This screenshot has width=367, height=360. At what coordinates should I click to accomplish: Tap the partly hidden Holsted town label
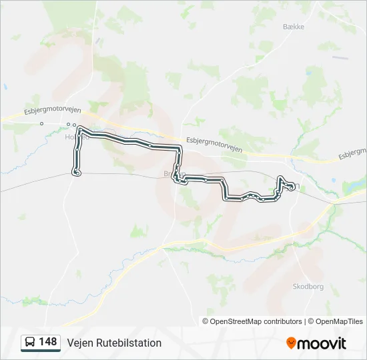click(72, 137)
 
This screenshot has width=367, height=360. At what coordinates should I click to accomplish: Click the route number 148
click(48, 342)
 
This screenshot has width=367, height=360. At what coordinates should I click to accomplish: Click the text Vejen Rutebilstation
click(114, 343)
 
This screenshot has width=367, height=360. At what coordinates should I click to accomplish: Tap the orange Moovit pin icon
click(291, 343)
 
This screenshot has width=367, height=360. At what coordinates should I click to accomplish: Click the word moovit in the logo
click(322, 343)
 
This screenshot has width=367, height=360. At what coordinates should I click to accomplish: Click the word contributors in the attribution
click(283, 321)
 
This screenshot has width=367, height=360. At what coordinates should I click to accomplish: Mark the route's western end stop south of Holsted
click(77, 173)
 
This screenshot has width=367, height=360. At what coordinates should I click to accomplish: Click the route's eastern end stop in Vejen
click(292, 188)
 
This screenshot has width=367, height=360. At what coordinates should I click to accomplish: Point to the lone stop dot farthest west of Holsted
click(41, 123)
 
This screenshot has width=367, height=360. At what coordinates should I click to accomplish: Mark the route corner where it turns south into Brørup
click(180, 147)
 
